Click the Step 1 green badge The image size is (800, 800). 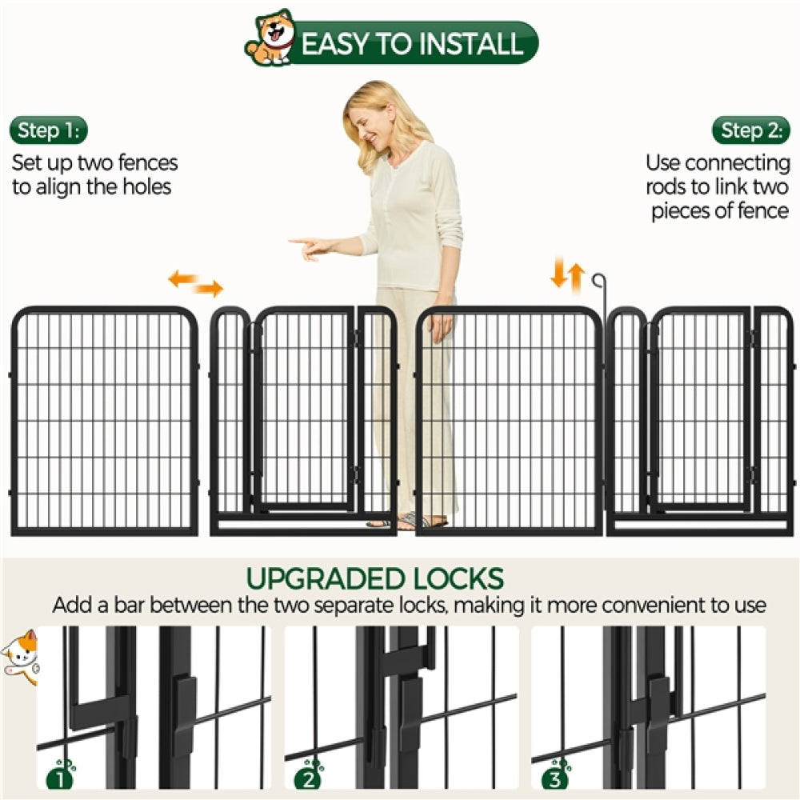click(x=49, y=130)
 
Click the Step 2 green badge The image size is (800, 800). click(x=750, y=130)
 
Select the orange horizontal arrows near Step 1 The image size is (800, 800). click(x=195, y=284)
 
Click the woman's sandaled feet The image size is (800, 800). click(x=408, y=522)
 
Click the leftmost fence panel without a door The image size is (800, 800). click(x=105, y=420)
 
